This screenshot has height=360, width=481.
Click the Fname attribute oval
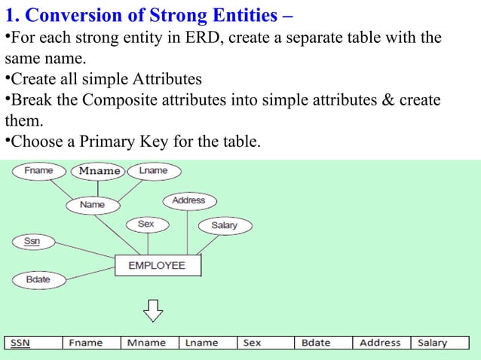(x=38, y=171)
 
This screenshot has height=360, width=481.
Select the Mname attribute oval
(x=100, y=171)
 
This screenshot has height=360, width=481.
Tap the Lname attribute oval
(x=153, y=171)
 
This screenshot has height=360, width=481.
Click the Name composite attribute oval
(x=93, y=204)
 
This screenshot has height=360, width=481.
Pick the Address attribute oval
(x=188, y=200)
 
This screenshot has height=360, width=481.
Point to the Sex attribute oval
(x=146, y=224)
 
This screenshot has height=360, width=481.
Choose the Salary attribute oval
(x=224, y=225)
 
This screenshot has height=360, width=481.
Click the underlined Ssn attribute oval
(x=32, y=241)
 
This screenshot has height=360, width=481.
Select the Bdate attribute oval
(x=38, y=279)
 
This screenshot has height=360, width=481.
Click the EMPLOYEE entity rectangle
(x=157, y=266)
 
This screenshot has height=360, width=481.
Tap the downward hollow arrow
(x=154, y=309)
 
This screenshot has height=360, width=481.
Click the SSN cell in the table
(x=33, y=343)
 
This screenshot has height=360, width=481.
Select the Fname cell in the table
(x=90, y=343)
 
